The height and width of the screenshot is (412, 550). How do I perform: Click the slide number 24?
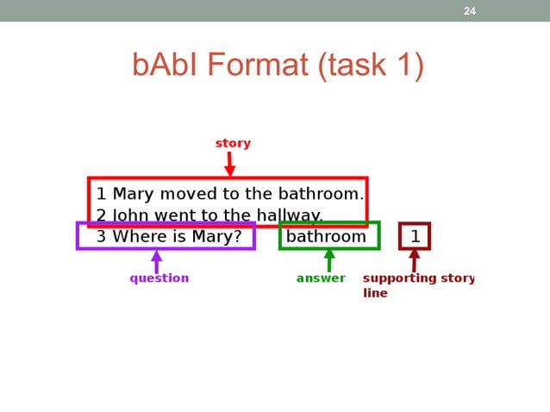point(470,11)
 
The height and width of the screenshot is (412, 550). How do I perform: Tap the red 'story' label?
point(233,143)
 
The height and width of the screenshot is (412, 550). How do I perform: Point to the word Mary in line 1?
point(132,194)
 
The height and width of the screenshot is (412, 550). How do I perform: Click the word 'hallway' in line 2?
point(286,215)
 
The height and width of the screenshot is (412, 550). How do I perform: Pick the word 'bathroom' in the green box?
point(326,236)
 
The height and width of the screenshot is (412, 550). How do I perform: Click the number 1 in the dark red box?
point(415,236)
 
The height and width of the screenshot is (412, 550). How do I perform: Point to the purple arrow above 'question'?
point(157,260)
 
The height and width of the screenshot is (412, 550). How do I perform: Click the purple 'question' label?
point(159,278)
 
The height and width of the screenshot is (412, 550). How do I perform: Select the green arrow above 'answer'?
point(328,260)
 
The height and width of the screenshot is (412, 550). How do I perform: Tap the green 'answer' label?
point(321,278)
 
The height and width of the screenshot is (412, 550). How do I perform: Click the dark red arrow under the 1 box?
point(415,260)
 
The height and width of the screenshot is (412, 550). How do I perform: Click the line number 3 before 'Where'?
point(101,236)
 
